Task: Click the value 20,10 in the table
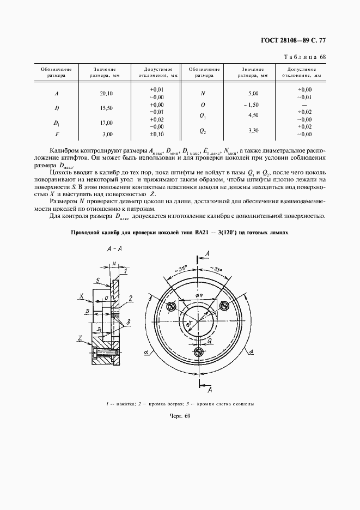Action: pyautogui.click(x=106, y=93)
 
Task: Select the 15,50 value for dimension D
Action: pyautogui.click(x=106, y=108)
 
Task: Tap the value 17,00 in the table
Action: pyautogui.click(x=106, y=123)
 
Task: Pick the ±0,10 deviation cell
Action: pyautogui.click(x=157, y=134)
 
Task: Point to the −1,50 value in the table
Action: pyautogui.click(x=252, y=105)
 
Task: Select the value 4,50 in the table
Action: pyautogui.click(x=252, y=116)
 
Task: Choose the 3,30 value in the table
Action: pyautogui.click(x=252, y=131)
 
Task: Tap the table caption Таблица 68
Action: pyautogui.click(x=304, y=57)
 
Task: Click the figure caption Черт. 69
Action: pyautogui.click(x=179, y=416)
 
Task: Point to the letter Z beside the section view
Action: pyautogui.click(x=80, y=339)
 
